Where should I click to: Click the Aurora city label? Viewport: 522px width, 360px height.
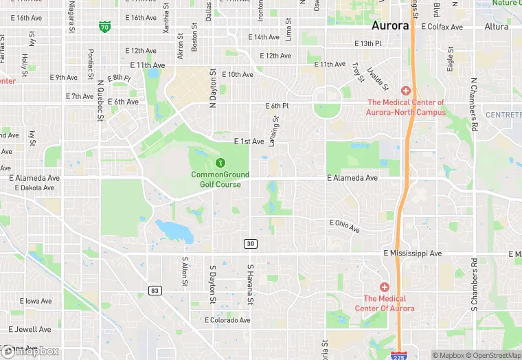[x=389, y=25]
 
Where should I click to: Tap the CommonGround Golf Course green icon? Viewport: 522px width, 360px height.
[x=220, y=163]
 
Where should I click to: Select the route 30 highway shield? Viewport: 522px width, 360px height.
[x=251, y=244]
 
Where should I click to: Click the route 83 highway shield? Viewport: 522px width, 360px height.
[x=155, y=291]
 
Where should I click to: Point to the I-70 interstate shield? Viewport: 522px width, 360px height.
[x=104, y=27]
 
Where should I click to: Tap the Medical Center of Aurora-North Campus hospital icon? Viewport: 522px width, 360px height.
[x=406, y=91]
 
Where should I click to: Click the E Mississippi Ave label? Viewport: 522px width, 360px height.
[x=412, y=254]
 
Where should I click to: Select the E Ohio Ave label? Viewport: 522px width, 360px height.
[x=345, y=225]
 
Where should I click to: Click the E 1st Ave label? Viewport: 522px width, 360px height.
[x=249, y=142]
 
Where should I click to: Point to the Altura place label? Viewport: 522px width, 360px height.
[x=497, y=27]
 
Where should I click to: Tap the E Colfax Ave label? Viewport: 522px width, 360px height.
[x=442, y=27]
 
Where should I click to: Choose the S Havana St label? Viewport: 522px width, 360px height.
[x=251, y=285]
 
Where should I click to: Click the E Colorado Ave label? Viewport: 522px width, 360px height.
[x=227, y=320]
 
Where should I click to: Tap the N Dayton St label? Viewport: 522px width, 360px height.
[x=213, y=88]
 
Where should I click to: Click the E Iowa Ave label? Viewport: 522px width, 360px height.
[x=36, y=301]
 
